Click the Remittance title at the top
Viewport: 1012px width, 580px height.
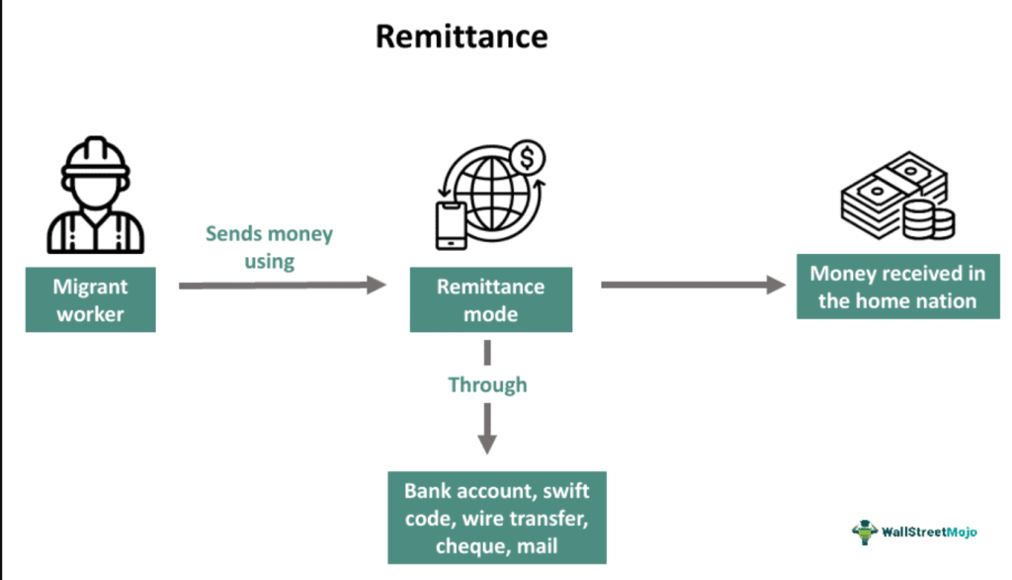pos(461,37)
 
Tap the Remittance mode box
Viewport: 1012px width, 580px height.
pos(490,300)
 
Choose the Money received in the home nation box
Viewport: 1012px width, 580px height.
pos(897,287)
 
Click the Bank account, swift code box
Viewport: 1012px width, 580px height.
pos(490,517)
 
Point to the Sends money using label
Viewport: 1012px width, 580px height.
pos(269,247)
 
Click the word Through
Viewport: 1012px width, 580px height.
pos(487,384)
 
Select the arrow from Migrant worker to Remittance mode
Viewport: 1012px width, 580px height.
pos(282,286)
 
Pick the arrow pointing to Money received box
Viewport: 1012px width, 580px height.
pos(693,286)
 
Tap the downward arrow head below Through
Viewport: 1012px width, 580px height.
pos(488,442)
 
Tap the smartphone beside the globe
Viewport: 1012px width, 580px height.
pos(451,225)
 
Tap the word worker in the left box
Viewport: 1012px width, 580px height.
pos(92,313)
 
